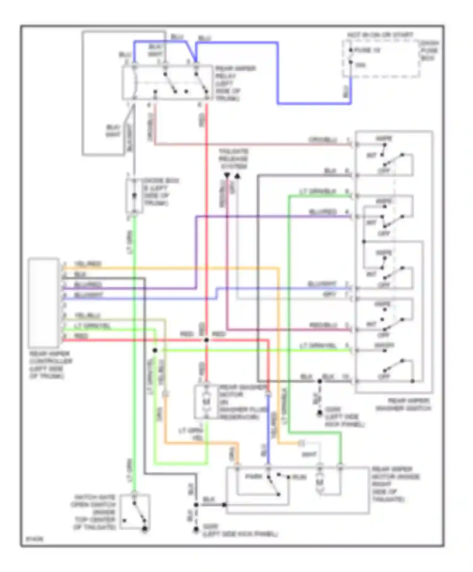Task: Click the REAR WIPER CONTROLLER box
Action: [43, 302]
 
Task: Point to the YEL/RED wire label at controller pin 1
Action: [88, 264]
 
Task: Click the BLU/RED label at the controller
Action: [88, 285]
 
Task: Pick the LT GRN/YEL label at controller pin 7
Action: [92, 326]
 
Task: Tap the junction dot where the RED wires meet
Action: [207, 340]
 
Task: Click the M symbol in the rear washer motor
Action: [207, 402]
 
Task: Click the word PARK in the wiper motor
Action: [254, 476]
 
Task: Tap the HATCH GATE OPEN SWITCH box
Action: [135, 513]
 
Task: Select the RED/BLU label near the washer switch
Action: [323, 325]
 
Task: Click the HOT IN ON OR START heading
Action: [380, 35]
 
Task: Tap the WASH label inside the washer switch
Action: [384, 345]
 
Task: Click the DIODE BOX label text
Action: [161, 192]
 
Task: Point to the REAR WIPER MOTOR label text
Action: [395, 484]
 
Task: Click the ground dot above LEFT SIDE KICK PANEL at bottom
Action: [196, 529]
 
